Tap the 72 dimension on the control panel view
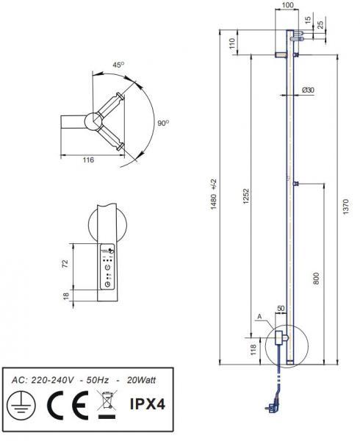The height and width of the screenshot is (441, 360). coord(65,263)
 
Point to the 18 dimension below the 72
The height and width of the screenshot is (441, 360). coord(65,295)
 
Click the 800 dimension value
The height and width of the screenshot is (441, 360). coord(317,278)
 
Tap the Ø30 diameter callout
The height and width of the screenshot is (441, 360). coord(308,90)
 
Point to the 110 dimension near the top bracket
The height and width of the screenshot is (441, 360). coord(232,43)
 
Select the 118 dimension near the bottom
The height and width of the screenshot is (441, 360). coord(253,348)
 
